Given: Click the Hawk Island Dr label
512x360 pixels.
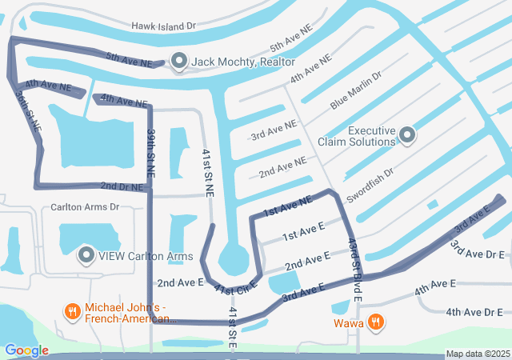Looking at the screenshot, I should [x=165, y=26].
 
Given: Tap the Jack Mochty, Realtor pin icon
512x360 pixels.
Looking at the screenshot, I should [x=178, y=62].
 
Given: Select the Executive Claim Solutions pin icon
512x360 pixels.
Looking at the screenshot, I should [x=407, y=134].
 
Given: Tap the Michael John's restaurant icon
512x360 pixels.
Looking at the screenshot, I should [x=72, y=312].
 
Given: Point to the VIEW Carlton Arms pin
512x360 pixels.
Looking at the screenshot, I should [x=86, y=256].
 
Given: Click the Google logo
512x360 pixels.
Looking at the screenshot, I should [x=26, y=350].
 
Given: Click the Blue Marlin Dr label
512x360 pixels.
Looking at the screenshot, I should [x=356, y=90].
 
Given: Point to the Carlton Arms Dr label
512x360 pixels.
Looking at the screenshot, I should [x=84, y=206].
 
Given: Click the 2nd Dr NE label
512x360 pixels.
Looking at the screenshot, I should [x=122, y=186].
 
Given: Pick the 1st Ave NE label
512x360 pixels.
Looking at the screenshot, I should [x=286, y=207].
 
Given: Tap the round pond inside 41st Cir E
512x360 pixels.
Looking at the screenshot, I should [x=233, y=258].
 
